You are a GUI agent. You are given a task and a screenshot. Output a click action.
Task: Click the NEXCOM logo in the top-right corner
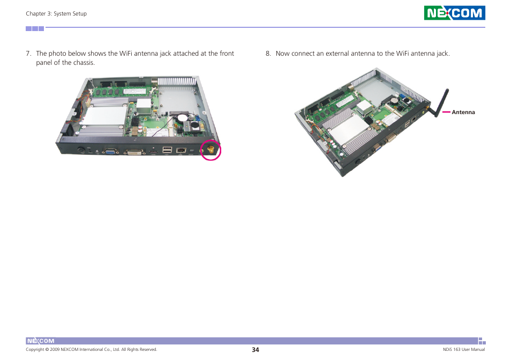[454, 13]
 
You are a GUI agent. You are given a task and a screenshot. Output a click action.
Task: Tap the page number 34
[255, 350]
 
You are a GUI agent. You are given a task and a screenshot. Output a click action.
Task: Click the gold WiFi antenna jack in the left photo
[211, 149]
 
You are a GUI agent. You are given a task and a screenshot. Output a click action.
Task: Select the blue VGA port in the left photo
[110, 151]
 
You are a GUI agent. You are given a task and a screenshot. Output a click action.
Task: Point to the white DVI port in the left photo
[134, 152]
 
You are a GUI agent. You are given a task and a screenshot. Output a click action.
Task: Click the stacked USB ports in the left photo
[167, 150]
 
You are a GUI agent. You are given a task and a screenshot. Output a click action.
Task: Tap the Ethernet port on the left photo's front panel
[181, 150]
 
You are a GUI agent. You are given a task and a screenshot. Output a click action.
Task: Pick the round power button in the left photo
[81, 150]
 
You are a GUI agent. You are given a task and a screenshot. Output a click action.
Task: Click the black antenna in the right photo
[440, 103]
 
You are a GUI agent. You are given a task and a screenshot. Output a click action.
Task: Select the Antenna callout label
[463, 112]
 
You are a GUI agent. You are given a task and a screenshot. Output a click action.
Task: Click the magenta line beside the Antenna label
[446, 112]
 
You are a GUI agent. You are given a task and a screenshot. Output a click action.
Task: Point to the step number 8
[268, 54]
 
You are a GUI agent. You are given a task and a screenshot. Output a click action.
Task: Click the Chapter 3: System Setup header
[56, 14]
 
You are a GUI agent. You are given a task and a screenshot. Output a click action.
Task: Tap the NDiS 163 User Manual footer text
[464, 350]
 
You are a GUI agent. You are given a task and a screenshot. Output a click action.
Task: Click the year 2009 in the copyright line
[55, 350]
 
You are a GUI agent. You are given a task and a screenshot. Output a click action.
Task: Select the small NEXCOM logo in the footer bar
[41, 341]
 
